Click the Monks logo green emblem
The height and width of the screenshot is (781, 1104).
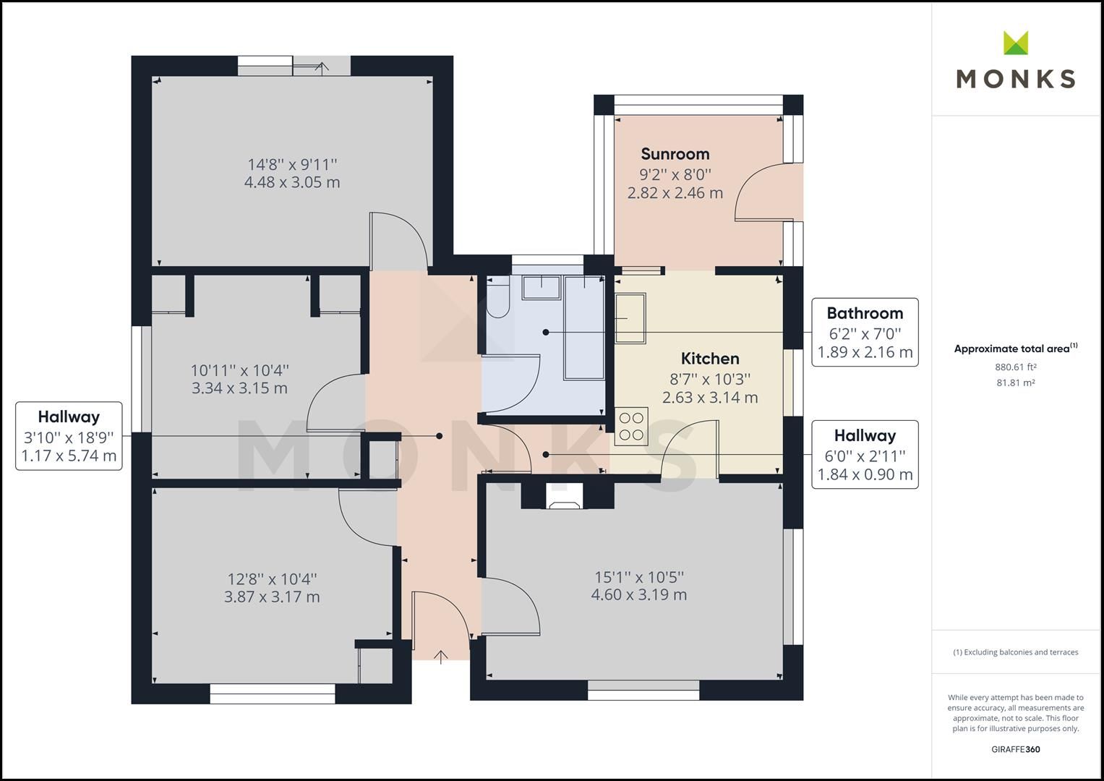click(1015, 43)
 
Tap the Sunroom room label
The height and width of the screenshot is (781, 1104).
click(675, 154)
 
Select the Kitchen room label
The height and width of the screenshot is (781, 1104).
click(710, 359)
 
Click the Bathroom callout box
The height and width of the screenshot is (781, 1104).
click(865, 333)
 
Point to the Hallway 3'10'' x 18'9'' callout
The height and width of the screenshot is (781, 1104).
click(69, 436)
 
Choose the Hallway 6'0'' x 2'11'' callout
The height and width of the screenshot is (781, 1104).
click(865, 455)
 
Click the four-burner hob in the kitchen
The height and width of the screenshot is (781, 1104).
click(630, 426)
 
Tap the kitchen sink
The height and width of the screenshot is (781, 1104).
click(630, 318)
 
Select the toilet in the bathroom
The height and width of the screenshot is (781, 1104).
click(497, 302)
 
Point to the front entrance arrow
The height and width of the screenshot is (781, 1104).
click(441, 655)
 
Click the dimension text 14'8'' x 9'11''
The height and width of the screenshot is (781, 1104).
click(292, 164)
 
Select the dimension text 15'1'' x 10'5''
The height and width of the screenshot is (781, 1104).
click(639, 577)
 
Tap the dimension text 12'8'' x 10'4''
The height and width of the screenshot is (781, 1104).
click(272, 579)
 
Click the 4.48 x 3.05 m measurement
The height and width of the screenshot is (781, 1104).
click(292, 182)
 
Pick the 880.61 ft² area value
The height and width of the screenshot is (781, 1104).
click(1015, 367)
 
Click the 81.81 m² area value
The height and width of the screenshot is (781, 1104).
click(1015, 383)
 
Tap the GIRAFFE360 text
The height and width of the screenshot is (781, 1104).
click(1015, 749)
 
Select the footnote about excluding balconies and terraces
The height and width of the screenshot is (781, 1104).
click(1015, 652)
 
